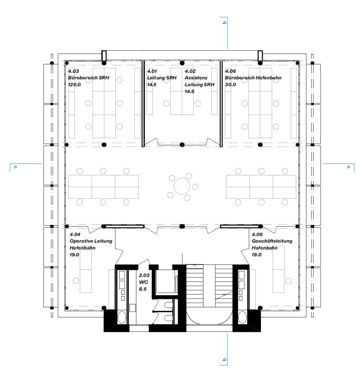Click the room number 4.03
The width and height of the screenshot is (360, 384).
(74, 71)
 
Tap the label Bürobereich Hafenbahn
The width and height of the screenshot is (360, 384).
(253, 78)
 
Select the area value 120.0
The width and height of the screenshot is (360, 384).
(74, 85)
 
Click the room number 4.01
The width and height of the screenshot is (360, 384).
(152, 71)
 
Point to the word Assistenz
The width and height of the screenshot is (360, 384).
(196, 78)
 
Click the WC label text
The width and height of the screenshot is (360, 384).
(143, 282)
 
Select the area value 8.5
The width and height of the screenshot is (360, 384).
(143, 289)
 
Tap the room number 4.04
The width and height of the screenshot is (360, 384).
(75, 234)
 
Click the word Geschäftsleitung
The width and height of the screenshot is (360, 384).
(272, 241)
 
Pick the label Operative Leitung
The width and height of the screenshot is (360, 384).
(91, 241)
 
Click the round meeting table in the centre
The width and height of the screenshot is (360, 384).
(182, 186)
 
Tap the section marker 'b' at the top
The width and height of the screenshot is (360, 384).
(224, 22)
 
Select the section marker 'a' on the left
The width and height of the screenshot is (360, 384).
(15, 167)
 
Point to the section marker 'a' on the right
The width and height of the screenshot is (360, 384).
(348, 167)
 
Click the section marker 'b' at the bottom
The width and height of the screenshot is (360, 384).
(224, 360)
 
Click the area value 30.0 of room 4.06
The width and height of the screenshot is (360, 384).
(230, 85)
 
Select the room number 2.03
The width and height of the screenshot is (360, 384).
(144, 275)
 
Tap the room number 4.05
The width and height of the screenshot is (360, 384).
(257, 234)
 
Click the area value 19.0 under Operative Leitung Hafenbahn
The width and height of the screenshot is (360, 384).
(74, 255)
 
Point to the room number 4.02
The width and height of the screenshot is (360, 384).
(190, 71)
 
